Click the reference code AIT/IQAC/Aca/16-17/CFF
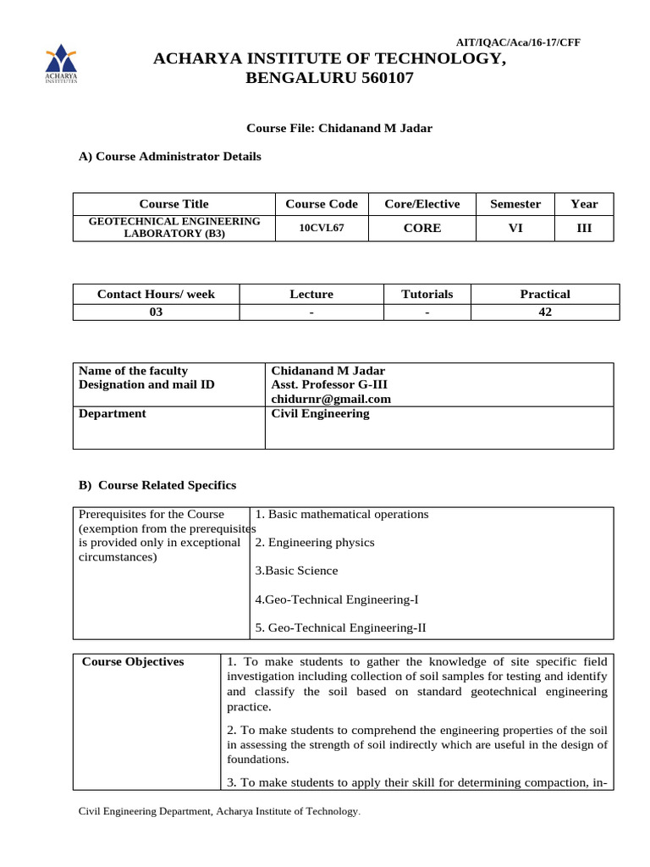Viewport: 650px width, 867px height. (x=518, y=42)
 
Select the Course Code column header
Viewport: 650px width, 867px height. (x=322, y=204)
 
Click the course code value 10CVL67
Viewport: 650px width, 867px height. (x=322, y=229)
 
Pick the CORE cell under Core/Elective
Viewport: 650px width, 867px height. (x=421, y=229)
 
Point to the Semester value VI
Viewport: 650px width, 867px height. (x=515, y=229)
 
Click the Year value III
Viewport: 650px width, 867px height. (x=584, y=229)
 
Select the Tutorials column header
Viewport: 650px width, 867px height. (x=427, y=294)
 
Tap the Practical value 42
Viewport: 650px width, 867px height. (x=544, y=312)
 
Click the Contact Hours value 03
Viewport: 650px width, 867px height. (x=156, y=312)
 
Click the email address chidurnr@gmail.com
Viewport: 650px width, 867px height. (x=331, y=399)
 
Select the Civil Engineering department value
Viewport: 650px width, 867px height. (x=320, y=414)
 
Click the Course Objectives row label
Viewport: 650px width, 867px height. (x=133, y=662)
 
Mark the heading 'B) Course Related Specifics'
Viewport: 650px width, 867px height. (x=157, y=485)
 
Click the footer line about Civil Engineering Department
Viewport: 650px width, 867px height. (x=219, y=812)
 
